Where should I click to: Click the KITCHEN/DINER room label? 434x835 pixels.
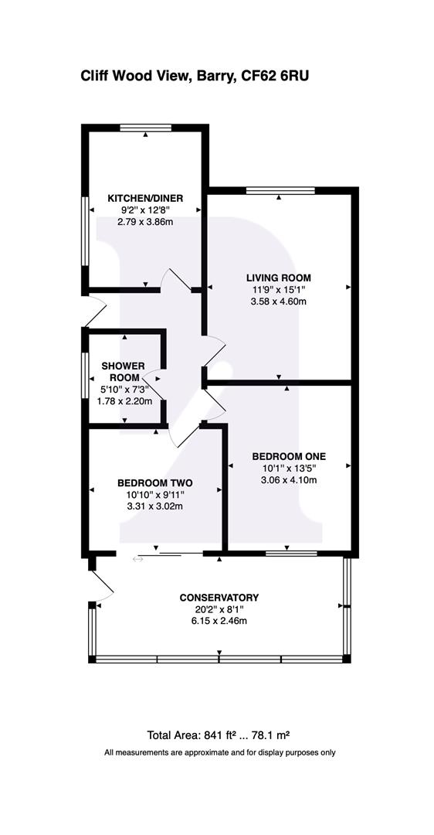(x=145, y=199)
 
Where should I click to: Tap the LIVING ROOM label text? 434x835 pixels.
(x=278, y=278)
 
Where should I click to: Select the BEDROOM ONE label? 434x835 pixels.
(x=289, y=456)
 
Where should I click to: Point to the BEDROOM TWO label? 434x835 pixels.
(x=154, y=483)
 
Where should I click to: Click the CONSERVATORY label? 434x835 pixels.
(x=219, y=598)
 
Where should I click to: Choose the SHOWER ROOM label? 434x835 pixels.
(x=123, y=372)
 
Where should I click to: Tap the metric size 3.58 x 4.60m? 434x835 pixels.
(x=278, y=301)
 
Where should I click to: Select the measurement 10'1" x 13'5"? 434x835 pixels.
(x=289, y=468)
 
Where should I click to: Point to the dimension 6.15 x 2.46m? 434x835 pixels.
(x=219, y=621)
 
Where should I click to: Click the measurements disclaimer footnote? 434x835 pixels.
(x=219, y=752)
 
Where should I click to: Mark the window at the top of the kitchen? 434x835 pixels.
(x=145, y=128)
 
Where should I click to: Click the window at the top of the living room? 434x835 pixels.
(x=280, y=191)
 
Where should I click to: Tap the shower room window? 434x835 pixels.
(x=85, y=375)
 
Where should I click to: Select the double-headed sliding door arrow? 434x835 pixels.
(x=137, y=559)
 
